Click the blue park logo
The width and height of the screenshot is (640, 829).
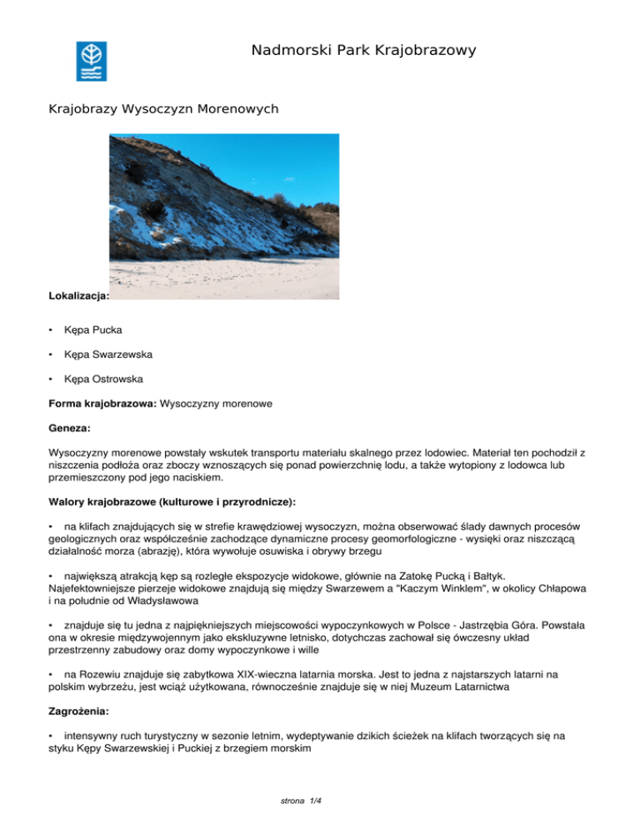[x=91, y=61]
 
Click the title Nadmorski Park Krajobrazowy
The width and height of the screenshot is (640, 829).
[x=363, y=51]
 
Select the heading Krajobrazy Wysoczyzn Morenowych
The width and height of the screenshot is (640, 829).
[x=163, y=109]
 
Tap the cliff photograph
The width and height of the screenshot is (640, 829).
[x=224, y=216]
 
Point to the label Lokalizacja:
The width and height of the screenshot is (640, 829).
[x=79, y=295]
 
